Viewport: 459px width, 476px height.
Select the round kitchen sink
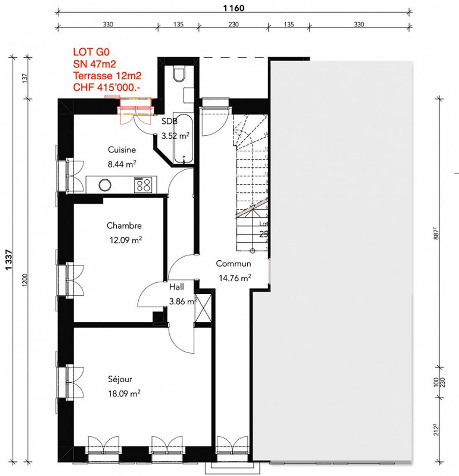tap(105, 185)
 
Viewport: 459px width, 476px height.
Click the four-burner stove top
tap(143, 185)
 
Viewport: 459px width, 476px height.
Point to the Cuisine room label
tap(122, 150)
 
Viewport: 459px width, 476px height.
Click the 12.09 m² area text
tap(126, 240)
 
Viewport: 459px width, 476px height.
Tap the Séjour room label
tap(120, 379)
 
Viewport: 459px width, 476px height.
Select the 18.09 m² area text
tap(124, 394)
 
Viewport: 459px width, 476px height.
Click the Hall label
tap(176, 287)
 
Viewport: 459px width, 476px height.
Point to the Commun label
tap(233, 264)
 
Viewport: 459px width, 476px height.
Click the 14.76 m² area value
tap(235, 278)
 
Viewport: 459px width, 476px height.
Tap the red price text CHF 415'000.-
tap(106, 87)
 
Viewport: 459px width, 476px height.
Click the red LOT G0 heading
tap(91, 52)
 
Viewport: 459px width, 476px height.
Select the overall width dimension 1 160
tap(234, 8)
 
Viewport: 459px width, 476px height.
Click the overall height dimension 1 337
tap(9, 260)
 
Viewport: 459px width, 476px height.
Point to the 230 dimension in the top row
tap(233, 24)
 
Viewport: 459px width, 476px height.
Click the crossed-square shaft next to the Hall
tap(203, 308)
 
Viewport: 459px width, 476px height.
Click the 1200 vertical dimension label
tap(25, 280)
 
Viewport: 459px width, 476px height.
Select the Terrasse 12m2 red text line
tap(107, 76)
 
